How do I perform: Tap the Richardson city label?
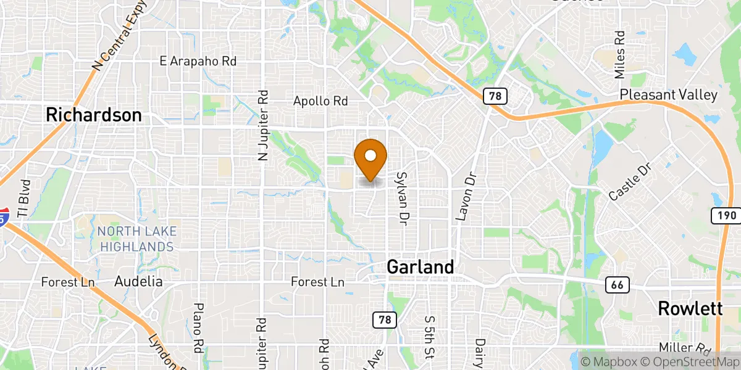[94, 115]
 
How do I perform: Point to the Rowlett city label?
[690, 308]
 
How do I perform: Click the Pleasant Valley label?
[669, 95]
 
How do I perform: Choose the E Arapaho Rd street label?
[198, 61]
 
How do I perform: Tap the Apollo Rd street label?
[321, 101]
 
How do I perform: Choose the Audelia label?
[138, 281]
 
